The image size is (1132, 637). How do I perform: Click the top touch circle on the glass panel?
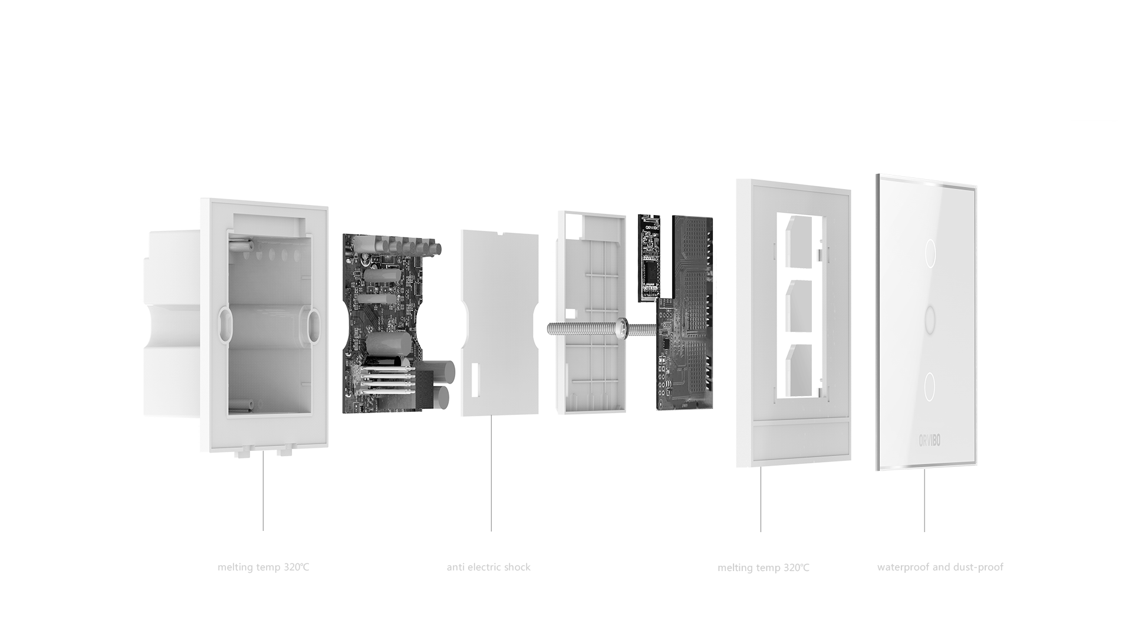pos(930,253)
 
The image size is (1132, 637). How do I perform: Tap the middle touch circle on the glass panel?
pos(930,320)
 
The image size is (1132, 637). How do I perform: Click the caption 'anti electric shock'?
pos(488,567)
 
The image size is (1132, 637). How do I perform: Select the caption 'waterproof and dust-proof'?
pos(940,567)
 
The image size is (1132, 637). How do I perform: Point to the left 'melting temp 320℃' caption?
pos(263,567)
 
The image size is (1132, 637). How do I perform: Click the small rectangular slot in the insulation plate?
pos(475,380)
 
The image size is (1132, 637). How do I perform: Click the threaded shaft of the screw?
pos(581,328)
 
